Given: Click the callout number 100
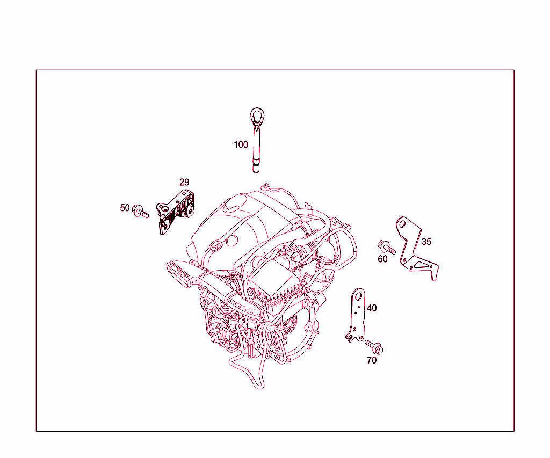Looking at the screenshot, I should (241, 144).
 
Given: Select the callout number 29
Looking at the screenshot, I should (184, 183).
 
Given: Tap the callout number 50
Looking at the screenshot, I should (125, 208).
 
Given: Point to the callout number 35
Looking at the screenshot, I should (426, 242).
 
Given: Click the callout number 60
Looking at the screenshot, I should (382, 259).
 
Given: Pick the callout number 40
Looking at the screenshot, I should (372, 308).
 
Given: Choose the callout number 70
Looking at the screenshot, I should (372, 360).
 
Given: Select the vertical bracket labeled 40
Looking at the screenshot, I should (357, 317).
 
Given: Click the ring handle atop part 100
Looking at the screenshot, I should (257, 115).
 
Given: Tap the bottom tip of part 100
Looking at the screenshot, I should (256, 171).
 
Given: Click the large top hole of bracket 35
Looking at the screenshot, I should (402, 224).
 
